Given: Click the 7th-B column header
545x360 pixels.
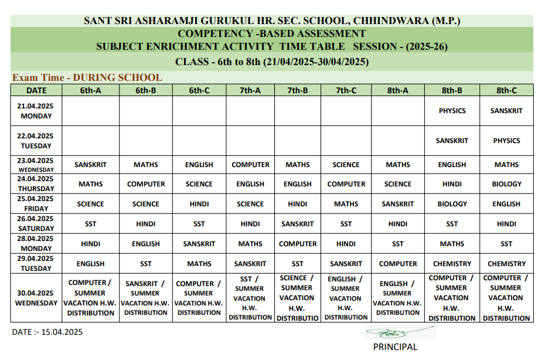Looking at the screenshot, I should [297, 90].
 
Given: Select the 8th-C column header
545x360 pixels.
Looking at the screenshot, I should [506, 90].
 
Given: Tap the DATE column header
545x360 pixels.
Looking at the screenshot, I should [36, 90].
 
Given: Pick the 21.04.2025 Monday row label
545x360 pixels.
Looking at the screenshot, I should [36, 111].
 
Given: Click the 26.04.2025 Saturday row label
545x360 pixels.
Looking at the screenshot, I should [36, 223].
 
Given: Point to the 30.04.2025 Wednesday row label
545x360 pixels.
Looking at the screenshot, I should [36, 298].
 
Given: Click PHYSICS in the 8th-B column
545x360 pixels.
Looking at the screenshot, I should [452, 111].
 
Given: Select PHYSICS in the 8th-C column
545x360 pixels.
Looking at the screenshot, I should [506, 141].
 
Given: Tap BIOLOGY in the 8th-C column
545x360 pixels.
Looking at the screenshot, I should [506, 184].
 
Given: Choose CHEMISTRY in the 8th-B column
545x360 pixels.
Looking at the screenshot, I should [452, 264].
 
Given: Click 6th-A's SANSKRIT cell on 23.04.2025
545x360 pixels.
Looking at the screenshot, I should [90, 165].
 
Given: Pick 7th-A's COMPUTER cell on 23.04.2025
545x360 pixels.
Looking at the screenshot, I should [250, 165].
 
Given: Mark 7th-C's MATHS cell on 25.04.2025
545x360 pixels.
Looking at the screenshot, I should [346, 204].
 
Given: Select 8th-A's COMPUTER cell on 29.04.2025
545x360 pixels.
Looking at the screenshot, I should [398, 264].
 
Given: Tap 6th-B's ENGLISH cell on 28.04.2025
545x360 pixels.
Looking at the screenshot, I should [146, 244].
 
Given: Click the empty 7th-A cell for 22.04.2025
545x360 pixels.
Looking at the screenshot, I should [250, 141].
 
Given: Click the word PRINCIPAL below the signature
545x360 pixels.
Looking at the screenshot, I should [395, 347].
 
